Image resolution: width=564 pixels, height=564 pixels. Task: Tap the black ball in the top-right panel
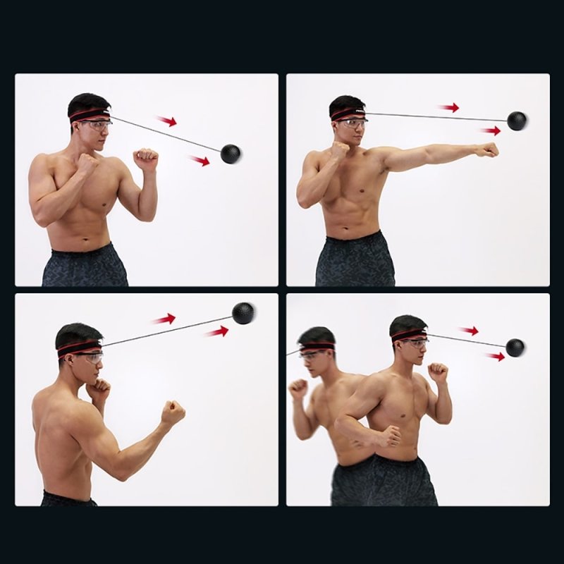pos(517,121)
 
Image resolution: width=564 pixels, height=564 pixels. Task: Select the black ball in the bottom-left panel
pos(243,313)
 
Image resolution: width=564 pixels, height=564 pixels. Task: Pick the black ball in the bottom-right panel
pos(515,347)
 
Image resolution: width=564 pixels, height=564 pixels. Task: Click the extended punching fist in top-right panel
pos(487,149)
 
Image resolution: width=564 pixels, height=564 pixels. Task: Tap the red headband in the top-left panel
pos(88,114)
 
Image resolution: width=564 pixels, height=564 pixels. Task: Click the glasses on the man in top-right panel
pos(352,124)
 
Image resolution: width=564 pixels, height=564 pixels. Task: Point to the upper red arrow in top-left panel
pos(166,121)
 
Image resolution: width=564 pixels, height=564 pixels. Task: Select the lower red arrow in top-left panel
pos(200,161)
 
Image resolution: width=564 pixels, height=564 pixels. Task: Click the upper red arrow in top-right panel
pos(448,108)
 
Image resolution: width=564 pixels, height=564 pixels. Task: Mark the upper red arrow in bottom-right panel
pos(468,330)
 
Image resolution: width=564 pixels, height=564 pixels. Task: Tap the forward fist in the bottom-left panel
pos(173,412)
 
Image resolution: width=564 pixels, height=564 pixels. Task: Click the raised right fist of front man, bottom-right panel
pos(439,372)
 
